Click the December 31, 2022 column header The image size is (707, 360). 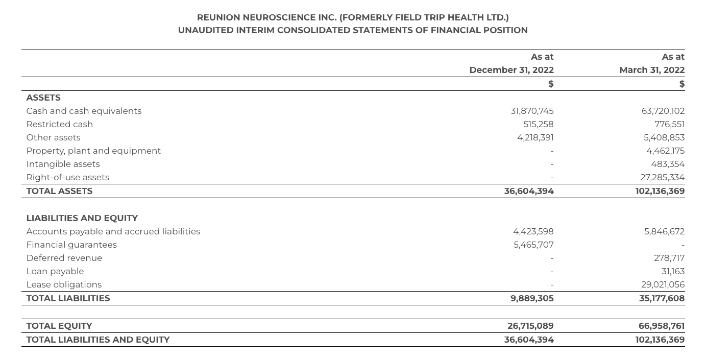(x=511, y=70)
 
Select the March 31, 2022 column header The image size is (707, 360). (x=651, y=70)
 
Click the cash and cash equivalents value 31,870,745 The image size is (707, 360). (x=532, y=111)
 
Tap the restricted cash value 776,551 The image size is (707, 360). (x=669, y=124)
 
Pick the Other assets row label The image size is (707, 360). (x=53, y=137)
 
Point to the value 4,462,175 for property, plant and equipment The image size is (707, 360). (x=665, y=151)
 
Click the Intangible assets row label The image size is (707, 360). (x=63, y=164)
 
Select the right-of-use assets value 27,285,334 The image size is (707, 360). (x=662, y=177)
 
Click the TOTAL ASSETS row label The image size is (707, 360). (x=59, y=191)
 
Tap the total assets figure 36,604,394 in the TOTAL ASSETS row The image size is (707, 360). (x=528, y=191)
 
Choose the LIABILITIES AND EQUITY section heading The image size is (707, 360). (x=82, y=218)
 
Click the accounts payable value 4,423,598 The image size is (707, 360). (x=533, y=231)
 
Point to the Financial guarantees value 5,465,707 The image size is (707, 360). (x=533, y=245)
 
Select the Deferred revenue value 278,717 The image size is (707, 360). (x=669, y=258)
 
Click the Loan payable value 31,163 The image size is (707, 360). (x=673, y=271)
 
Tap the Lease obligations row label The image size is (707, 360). (x=64, y=284)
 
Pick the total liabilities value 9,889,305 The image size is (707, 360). (x=532, y=298)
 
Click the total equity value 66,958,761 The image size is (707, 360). (x=661, y=326)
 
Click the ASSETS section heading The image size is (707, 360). (x=43, y=98)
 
